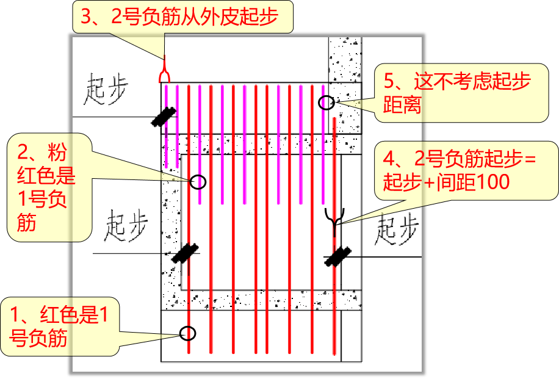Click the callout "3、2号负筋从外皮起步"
pyautogui.click(x=183, y=16)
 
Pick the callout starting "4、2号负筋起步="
pyautogui.click(x=467, y=170)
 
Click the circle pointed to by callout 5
pyautogui.click(x=326, y=103)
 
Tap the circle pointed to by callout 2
pyautogui.click(x=198, y=181)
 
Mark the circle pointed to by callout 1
pyautogui.click(x=188, y=333)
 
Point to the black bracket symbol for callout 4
pyautogui.click(x=334, y=220)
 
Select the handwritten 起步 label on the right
pyautogui.click(x=397, y=229)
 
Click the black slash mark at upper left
pyautogui.click(x=164, y=116)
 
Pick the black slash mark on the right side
pyautogui.click(x=336, y=256)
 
